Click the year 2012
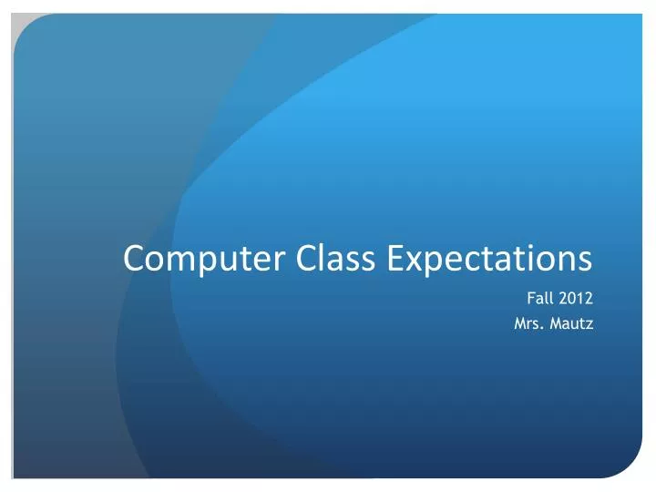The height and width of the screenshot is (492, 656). [578, 297]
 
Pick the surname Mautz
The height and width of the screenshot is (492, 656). [571, 321]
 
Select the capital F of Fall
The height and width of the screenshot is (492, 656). [531, 297]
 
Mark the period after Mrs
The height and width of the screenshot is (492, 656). [543, 325]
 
